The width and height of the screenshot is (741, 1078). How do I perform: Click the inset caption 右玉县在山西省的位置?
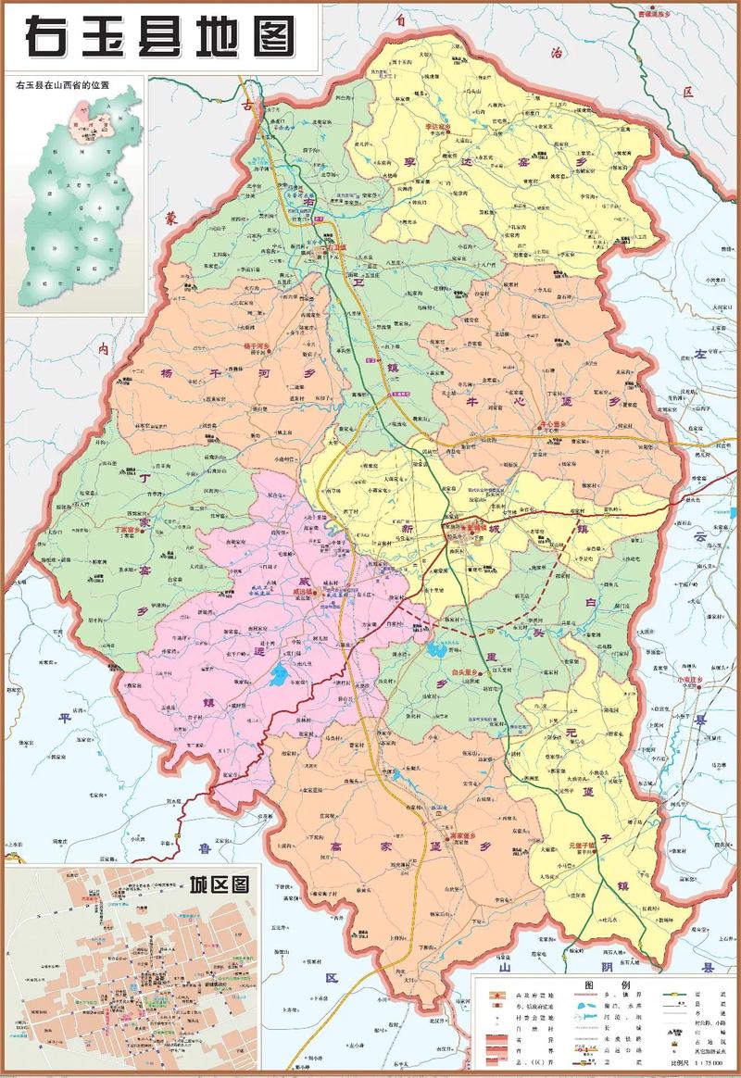[62, 85]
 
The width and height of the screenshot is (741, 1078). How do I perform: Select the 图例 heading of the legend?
[594, 984]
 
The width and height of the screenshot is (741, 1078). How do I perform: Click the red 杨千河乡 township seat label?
[255, 345]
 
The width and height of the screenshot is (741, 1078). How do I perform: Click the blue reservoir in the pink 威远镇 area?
[277, 678]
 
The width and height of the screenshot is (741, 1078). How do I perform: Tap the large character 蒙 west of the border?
[170, 219]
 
